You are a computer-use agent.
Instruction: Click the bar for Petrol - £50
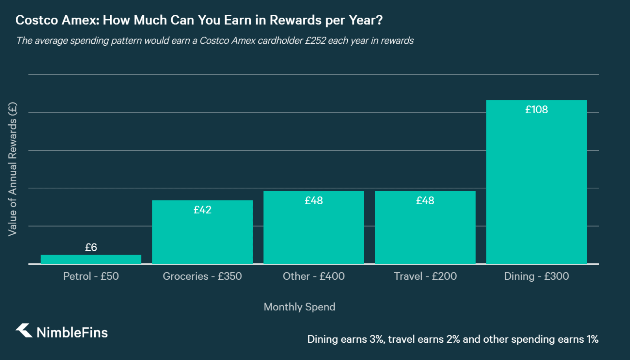(x=91, y=259)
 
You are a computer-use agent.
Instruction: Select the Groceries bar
(x=202, y=236)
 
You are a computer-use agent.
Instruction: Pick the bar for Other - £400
(x=313, y=232)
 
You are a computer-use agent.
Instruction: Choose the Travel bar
(x=425, y=232)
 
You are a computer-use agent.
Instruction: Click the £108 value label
(x=536, y=110)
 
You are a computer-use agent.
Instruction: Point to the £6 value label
(x=91, y=247)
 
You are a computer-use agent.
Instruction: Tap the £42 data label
(x=202, y=210)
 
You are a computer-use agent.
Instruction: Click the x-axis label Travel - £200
(x=425, y=276)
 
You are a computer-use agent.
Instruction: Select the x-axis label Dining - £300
(x=536, y=276)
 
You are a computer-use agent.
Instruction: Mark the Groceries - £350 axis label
(x=202, y=276)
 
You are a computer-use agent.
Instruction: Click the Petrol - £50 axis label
(x=91, y=276)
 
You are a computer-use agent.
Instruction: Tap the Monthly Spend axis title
(x=299, y=307)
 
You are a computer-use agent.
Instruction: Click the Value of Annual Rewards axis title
(x=13, y=169)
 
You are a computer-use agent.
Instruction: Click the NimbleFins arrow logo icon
(x=24, y=330)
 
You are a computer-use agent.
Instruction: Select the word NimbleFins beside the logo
(x=72, y=333)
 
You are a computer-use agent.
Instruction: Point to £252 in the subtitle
(x=315, y=41)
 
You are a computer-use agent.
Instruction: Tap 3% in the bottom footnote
(x=376, y=339)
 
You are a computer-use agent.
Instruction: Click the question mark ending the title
(x=379, y=20)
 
